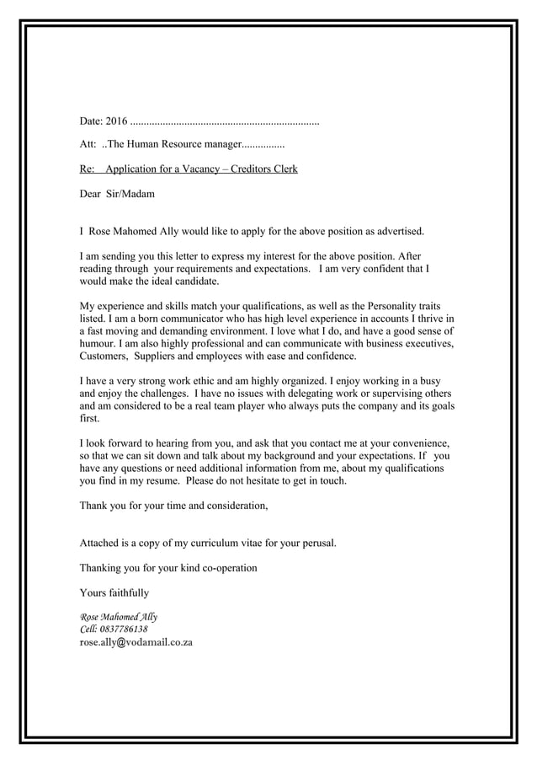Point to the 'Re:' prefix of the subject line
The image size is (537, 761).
tap(88, 169)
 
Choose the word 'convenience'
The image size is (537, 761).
tap(420, 443)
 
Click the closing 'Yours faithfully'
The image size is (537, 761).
tap(114, 592)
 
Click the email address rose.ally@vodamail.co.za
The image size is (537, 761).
tap(136, 642)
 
